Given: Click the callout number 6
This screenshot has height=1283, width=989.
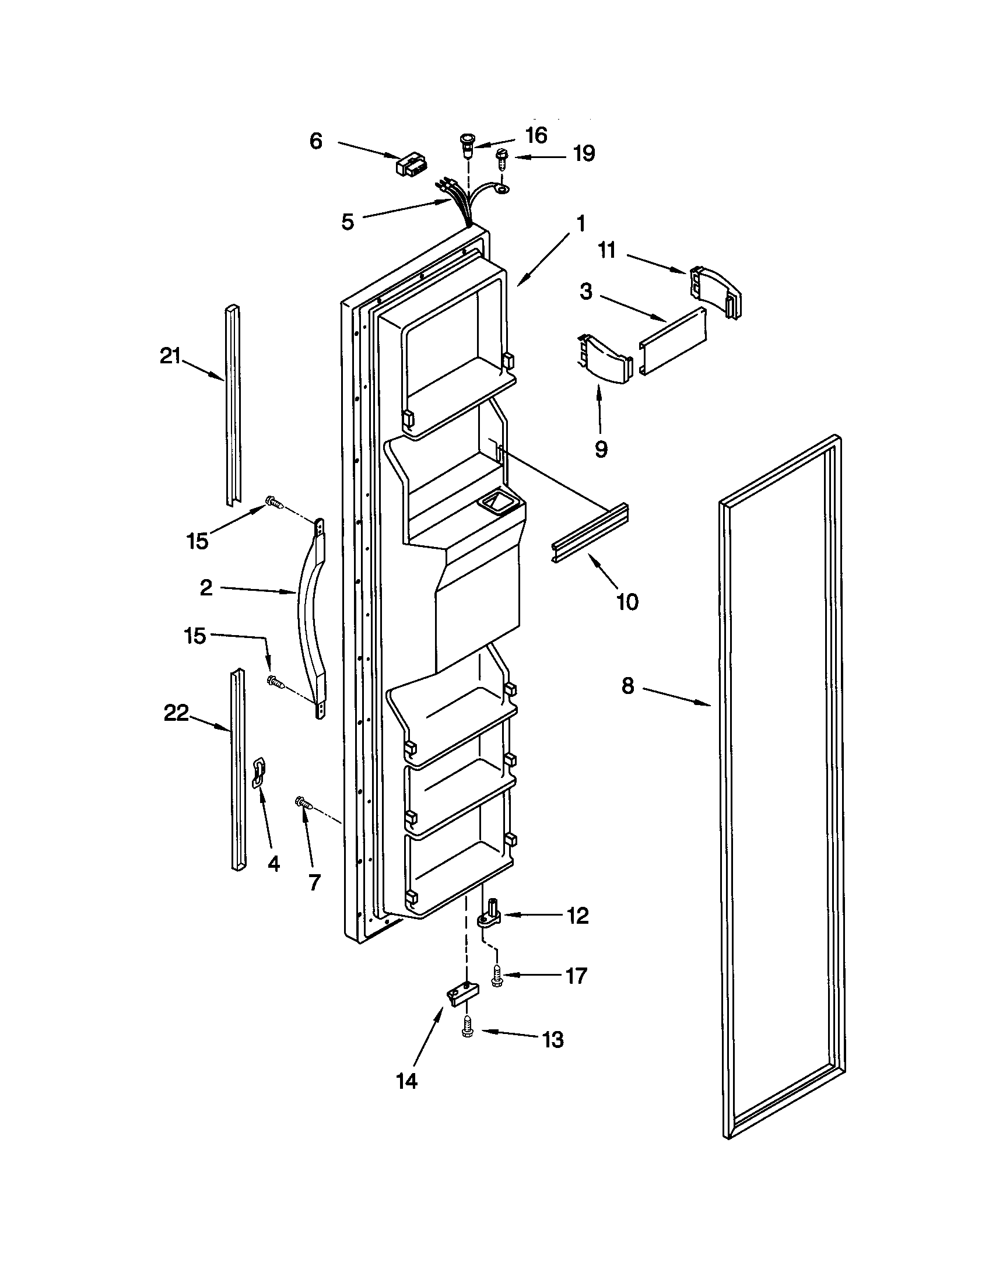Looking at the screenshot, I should [x=315, y=141].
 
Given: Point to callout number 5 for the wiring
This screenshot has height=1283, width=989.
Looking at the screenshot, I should [x=348, y=222].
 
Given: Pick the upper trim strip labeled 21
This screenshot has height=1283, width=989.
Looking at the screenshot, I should [x=233, y=405].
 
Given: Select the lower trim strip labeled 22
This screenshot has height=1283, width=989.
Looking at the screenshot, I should [x=238, y=770].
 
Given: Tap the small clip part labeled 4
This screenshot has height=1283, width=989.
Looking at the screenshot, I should [x=258, y=773].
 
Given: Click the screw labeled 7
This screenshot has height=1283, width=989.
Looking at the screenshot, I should [x=303, y=802].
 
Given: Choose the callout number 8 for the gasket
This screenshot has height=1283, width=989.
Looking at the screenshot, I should [x=628, y=686].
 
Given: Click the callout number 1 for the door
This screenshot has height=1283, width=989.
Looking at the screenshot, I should [x=580, y=224].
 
